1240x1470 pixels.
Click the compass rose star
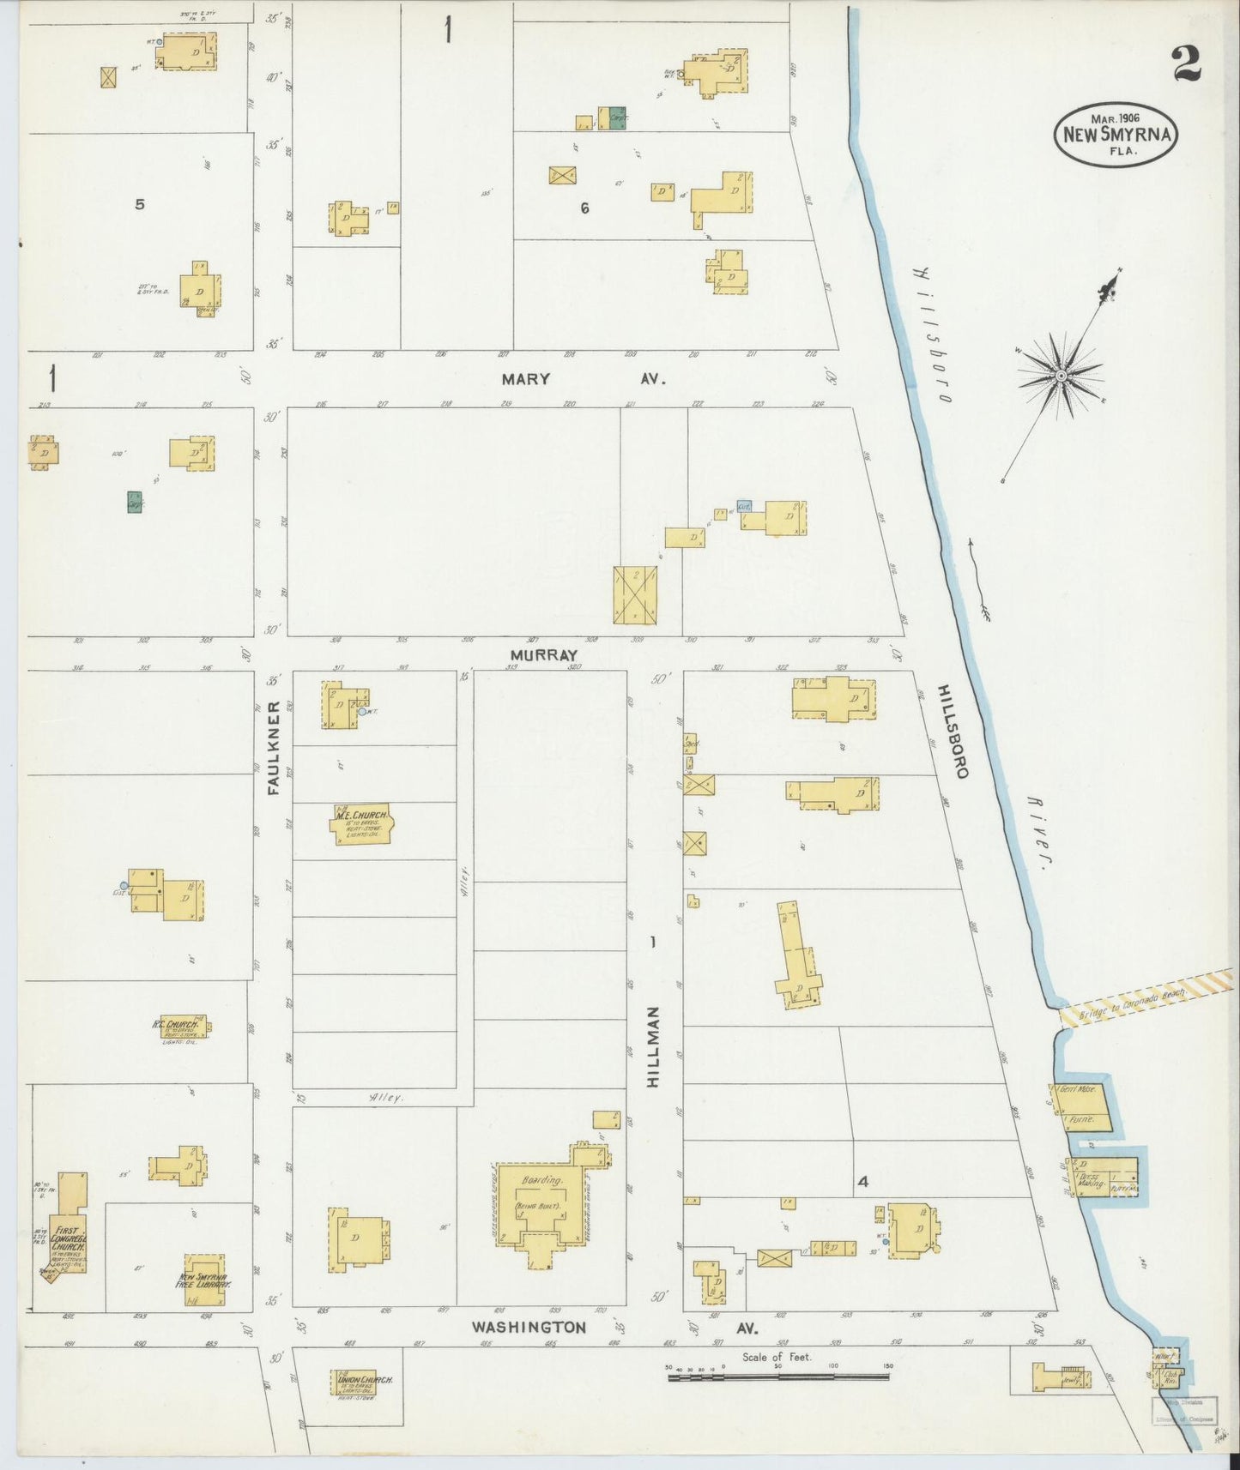[1061, 376]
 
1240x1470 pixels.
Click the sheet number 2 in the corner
[1187, 63]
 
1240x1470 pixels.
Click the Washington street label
[529, 1327]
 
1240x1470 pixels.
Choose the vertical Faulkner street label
[274, 748]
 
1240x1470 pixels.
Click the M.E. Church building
[362, 824]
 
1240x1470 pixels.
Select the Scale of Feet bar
[777, 1377]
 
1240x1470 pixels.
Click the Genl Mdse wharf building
[1080, 1106]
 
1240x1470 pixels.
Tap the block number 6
[584, 208]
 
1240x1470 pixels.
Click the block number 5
[139, 204]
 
